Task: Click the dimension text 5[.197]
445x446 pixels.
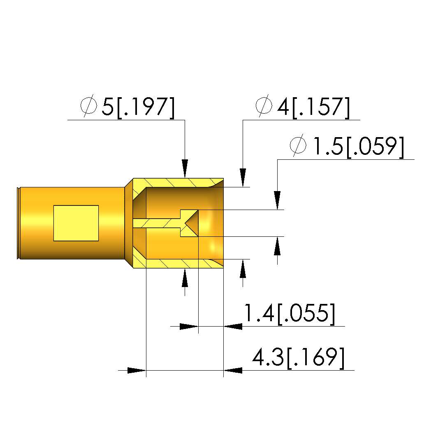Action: point(138,107)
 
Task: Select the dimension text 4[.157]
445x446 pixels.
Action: point(313,107)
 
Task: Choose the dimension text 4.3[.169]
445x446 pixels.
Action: point(299,358)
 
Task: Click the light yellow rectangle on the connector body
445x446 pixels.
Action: point(76,223)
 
